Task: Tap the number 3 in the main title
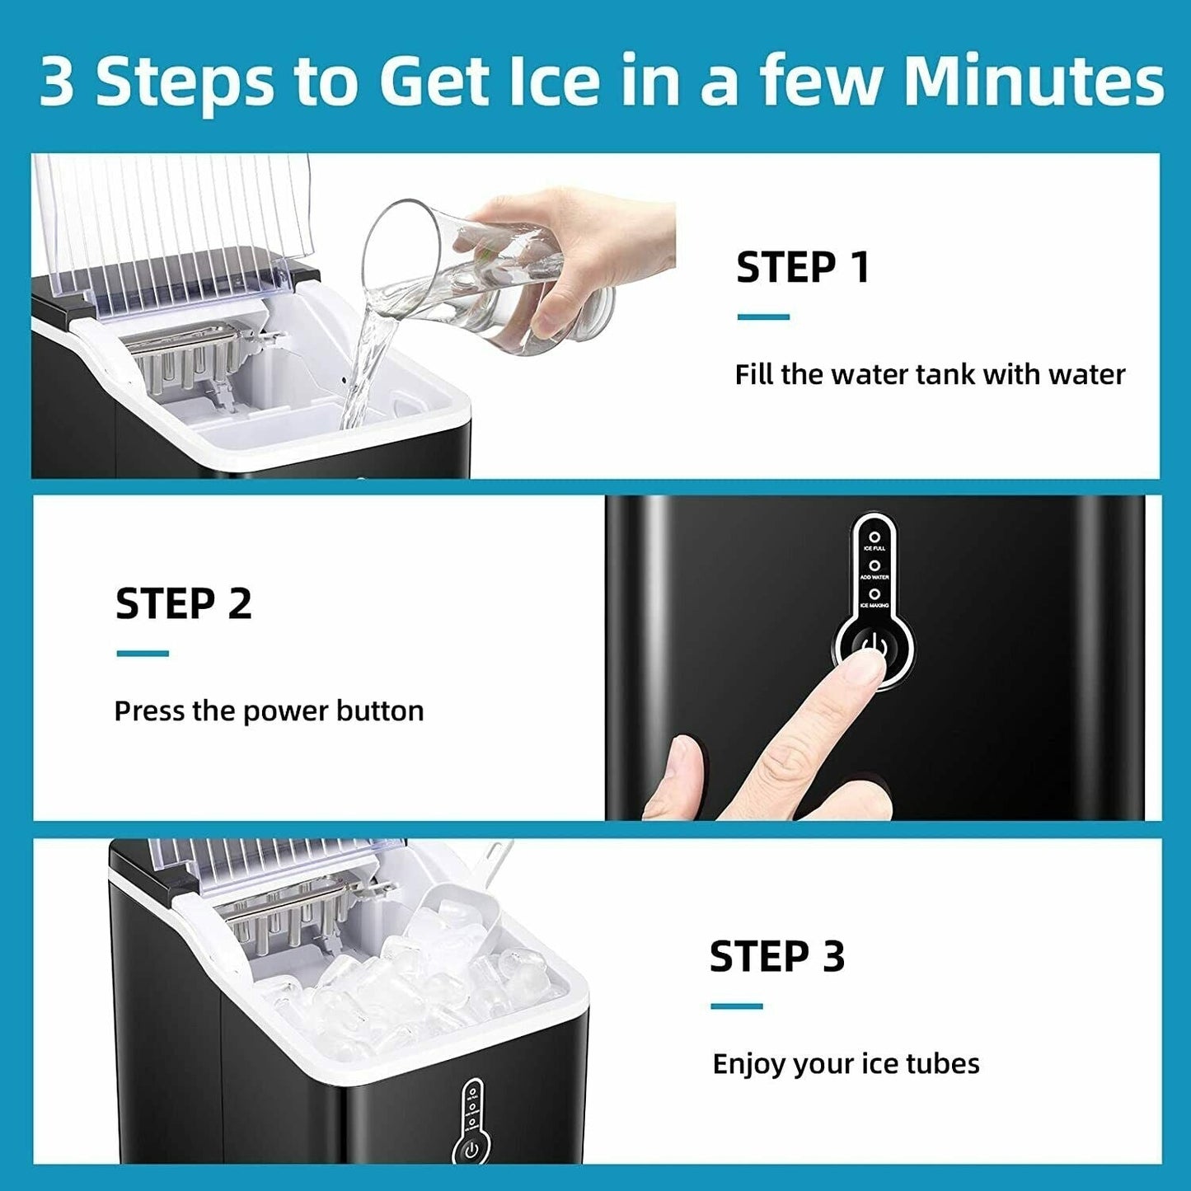56,82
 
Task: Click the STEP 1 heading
803,268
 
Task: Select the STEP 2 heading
183,603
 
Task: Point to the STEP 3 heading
777,956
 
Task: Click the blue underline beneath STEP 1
763,317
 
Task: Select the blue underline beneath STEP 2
143,654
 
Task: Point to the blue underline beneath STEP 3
736,1006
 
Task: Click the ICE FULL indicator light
874,537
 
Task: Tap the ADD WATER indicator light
874,566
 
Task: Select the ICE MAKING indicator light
874,594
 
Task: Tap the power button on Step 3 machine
471,1150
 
